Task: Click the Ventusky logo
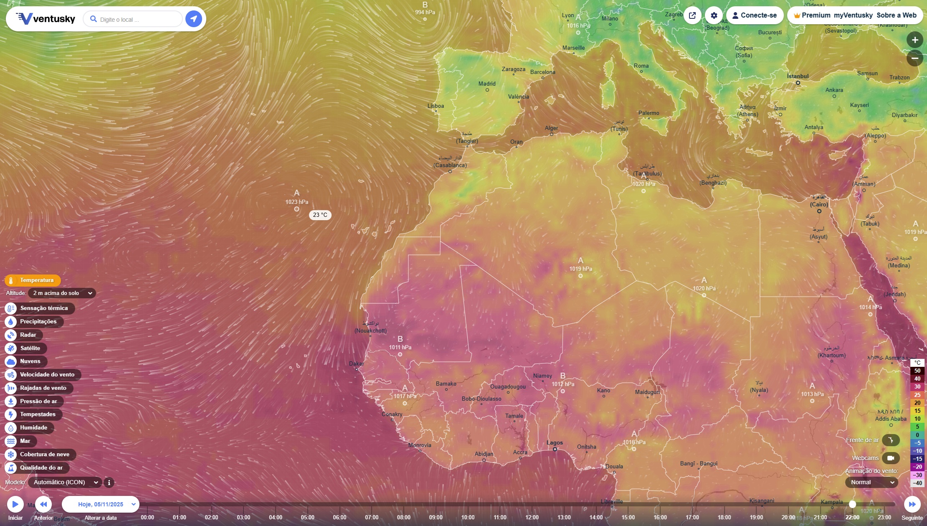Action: click(46, 19)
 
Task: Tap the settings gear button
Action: click(714, 15)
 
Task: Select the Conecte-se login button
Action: click(755, 15)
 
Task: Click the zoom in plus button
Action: click(914, 40)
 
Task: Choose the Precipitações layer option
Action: click(38, 322)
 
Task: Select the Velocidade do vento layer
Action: click(47, 375)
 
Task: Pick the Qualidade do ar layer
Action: click(41, 468)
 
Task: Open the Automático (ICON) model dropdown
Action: click(65, 483)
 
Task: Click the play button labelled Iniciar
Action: click(15, 504)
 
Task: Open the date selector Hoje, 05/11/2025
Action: click(101, 504)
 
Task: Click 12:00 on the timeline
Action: click(532, 517)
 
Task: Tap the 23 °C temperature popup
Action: click(320, 215)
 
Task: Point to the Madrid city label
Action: click(487, 84)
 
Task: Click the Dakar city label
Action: click(356, 364)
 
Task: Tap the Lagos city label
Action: click(555, 443)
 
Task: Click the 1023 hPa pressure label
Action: click(297, 202)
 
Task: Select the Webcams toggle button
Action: click(890, 458)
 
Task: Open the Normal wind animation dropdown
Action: click(871, 483)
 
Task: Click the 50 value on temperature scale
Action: click(917, 371)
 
